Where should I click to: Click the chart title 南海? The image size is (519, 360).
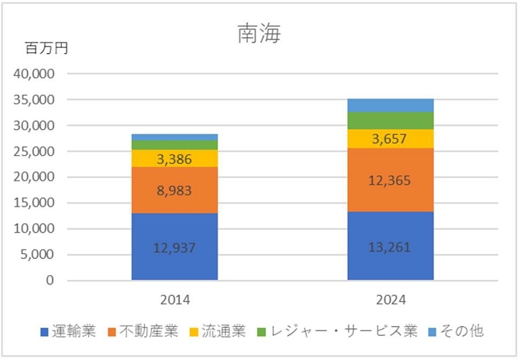(259, 34)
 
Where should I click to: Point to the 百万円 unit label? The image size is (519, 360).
(47, 48)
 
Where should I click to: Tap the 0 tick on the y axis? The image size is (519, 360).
(50, 280)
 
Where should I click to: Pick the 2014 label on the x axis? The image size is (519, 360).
(174, 300)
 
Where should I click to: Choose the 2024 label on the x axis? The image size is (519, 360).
(390, 300)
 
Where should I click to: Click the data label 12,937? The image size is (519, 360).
(175, 249)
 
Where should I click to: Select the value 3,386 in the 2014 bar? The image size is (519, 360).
(175, 159)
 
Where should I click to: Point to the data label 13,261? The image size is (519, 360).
(390, 247)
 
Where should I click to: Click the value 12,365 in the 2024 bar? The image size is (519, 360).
(390, 181)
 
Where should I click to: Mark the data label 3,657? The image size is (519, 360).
(390, 139)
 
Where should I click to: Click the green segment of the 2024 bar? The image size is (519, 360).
(390, 121)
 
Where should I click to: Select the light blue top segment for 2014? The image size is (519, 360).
(175, 137)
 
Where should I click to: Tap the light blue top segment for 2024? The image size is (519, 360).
(390, 105)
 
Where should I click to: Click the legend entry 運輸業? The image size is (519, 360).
(68, 332)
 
